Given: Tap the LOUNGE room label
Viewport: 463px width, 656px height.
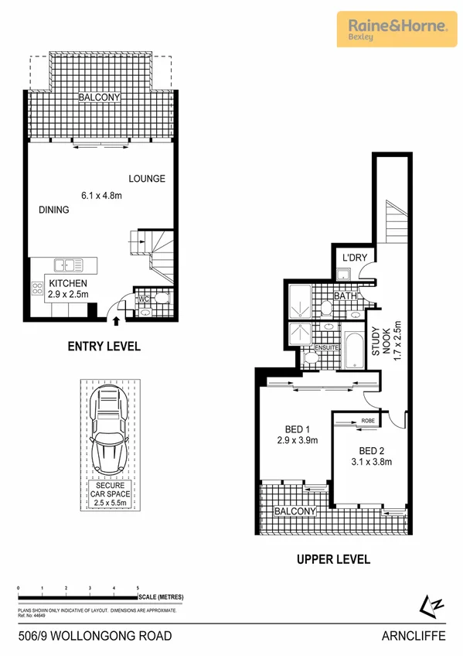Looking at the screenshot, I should [147, 179].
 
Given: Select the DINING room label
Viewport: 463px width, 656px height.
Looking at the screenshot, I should [54, 210].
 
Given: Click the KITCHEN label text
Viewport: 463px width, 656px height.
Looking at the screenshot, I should [68, 283].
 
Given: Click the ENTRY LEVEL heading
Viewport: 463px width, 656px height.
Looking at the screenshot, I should [103, 347].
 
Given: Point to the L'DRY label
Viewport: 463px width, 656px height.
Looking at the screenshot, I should [354, 258].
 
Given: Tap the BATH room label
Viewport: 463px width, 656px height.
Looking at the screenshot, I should [344, 296].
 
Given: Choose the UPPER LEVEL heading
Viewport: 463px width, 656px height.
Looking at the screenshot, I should [334, 559].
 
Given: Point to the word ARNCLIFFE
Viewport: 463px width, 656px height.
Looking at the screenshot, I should [415, 636].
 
